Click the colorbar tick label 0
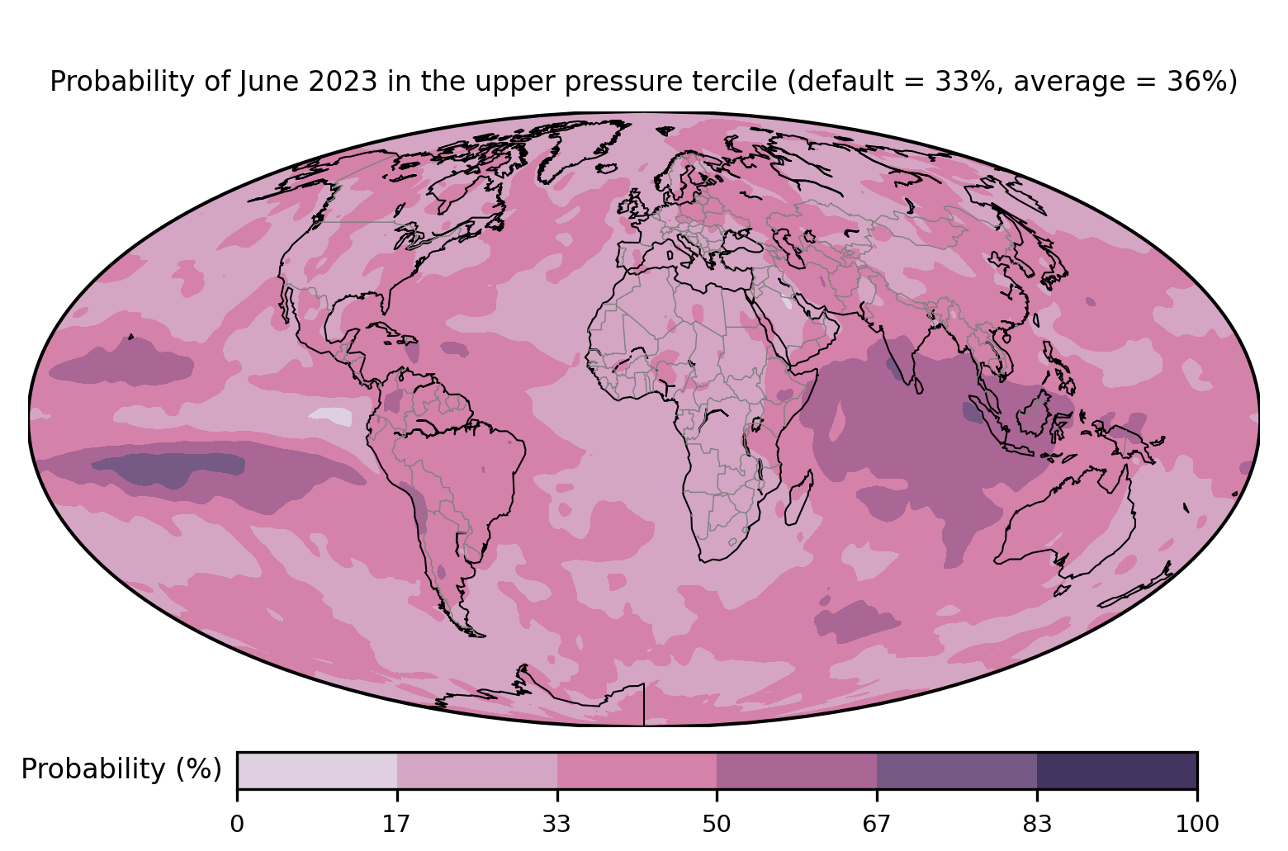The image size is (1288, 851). point(237,825)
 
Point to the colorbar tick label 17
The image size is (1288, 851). point(396,825)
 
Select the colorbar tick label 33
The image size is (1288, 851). point(556,825)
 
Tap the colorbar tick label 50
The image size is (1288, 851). point(717,825)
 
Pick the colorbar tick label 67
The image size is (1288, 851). point(876,825)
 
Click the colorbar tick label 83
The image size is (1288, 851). point(1037,825)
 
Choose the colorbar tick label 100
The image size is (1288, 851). point(1197,825)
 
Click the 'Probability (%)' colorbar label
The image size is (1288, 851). point(121,769)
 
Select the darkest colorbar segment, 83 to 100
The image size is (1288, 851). point(1117,770)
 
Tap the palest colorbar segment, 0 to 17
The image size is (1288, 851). point(317,770)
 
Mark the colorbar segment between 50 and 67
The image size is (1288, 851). point(797,770)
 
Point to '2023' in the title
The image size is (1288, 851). point(343,81)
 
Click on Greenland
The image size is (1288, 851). point(580,149)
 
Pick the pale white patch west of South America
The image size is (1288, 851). point(331,416)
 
